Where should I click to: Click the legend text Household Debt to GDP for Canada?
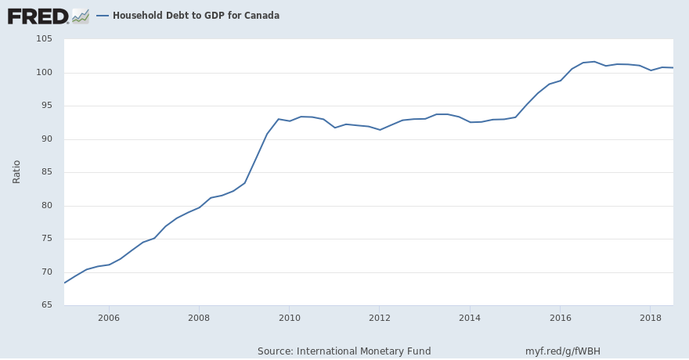196,16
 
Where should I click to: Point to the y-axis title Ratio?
16,172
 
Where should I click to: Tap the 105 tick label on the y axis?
43,39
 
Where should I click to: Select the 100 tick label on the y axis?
43,73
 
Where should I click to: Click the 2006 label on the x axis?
109,318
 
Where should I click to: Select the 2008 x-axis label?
199,318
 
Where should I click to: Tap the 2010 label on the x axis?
290,318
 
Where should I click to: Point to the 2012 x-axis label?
380,318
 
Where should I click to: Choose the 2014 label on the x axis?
470,318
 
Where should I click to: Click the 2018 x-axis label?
651,318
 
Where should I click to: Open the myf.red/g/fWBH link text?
563,351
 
